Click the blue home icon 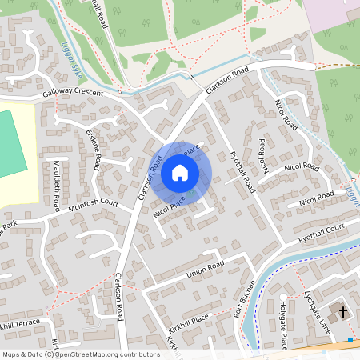(x=180, y=173)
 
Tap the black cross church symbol (x=343, y=310)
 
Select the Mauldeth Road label (x=57, y=186)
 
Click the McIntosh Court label (x=93, y=206)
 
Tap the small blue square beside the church (x=350, y=340)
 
